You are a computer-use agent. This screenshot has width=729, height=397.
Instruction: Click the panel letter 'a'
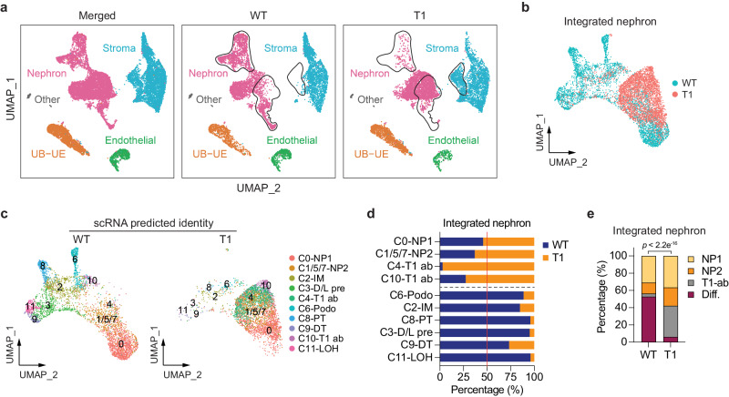(x=5, y=8)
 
